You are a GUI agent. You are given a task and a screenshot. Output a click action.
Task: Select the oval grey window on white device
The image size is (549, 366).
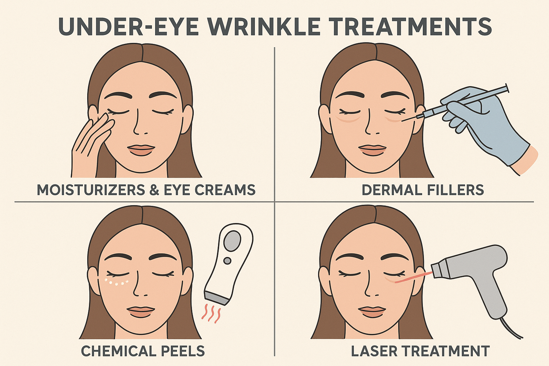232,240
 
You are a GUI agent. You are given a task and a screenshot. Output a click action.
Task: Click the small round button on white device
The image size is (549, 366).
227,261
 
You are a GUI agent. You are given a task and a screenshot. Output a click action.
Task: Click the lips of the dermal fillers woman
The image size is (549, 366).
372,150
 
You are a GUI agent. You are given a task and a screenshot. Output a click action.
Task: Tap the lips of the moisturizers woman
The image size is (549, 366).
141,150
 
